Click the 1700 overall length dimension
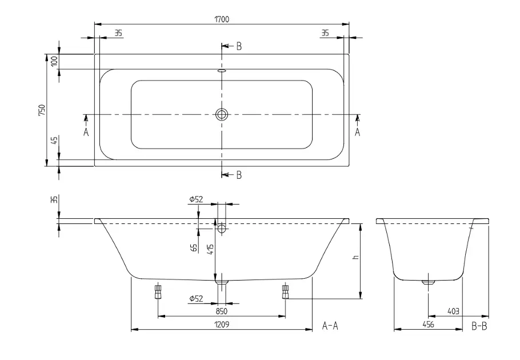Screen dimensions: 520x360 click(x=222, y=19)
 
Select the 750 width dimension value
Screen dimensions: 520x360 click(x=42, y=110)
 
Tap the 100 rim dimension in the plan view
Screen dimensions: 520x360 click(x=55, y=61)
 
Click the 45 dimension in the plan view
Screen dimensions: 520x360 click(x=55, y=139)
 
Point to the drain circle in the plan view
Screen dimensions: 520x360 click(x=222, y=114)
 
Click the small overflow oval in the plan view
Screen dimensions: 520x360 click(x=222, y=70)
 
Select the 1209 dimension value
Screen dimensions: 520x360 click(x=222, y=324)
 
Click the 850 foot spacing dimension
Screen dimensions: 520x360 click(x=222, y=311)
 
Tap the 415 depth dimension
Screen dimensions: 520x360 click(x=211, y=249)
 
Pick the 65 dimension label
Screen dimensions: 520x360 click(x=195, y=247)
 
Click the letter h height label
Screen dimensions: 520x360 click(x=356, y=257)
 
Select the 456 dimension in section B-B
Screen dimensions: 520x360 click(x=429, y=324)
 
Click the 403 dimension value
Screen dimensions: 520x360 click(x=453, y=311)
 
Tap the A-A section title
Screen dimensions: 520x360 click(x=330, y=326)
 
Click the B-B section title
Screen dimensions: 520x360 click(x=479, y=326)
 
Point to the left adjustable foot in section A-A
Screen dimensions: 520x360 click(x=158, y=291)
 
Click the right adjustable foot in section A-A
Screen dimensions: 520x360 click(x=285, y=291)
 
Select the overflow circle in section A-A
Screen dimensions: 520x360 click(x=222, y=228)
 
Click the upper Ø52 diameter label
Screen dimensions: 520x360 click(x=196, y=199)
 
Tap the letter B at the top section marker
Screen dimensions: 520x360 click(x=239, y=46)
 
